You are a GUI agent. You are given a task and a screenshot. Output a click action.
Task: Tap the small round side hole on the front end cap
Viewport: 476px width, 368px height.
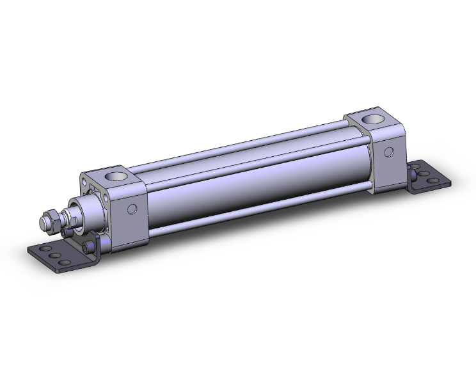tap(132, 208)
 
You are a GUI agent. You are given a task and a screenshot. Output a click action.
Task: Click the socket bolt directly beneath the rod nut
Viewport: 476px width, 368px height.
tap(65, 240)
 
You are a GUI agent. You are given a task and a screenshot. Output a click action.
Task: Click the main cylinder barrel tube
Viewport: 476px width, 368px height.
tap(256, 179)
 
